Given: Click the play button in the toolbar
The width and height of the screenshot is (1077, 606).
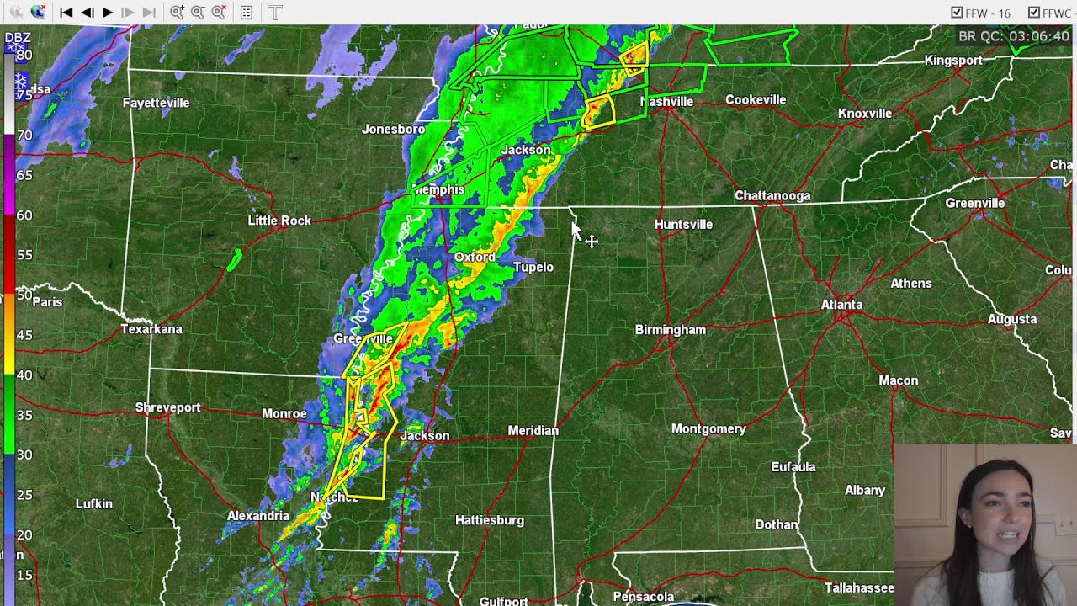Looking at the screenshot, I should [108, 12].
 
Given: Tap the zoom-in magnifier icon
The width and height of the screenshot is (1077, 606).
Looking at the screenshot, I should [177, 12].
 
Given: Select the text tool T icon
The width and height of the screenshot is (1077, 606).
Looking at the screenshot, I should [275, 12].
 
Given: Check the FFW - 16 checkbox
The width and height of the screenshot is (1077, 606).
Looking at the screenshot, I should [957, 13].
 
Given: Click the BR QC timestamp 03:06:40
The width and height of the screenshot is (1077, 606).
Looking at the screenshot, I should [1014, 36].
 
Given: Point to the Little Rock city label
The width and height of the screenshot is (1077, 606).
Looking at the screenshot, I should [279, 221].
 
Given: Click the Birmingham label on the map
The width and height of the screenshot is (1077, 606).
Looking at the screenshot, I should [670, 330].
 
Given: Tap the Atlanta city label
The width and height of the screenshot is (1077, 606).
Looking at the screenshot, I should [841, 305].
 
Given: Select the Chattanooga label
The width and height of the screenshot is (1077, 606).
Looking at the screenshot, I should [772, 195].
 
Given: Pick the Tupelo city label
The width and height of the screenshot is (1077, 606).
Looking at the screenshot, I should [533, 267].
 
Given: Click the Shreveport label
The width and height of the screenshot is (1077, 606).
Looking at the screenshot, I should [167, 407].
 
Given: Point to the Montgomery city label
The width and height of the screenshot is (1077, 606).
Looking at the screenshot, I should [708, 429].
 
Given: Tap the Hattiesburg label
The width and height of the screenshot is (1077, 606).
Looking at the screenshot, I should [489, 520].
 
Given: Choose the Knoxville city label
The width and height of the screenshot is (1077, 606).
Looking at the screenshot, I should [864, 114].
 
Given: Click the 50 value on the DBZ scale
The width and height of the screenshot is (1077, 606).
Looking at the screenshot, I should [24, 295].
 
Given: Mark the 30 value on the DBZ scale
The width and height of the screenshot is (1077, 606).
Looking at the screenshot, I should [24, 454].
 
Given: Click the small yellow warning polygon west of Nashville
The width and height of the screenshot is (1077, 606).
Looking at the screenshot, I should [598, 112].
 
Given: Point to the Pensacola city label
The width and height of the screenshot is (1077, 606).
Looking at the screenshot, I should [644, 596].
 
